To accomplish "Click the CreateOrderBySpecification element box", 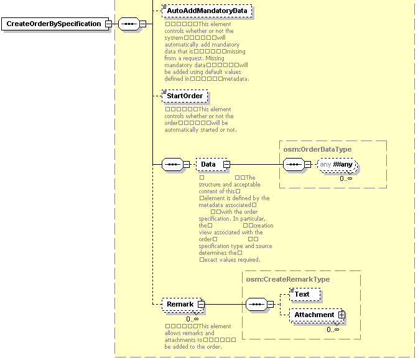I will (x=53, y=24).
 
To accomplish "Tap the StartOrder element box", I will (x=184, y=96).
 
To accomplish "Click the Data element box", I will (x=209, y=165).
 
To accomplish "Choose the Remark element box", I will (x=180, y=305).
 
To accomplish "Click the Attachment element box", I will (x=314, y=315).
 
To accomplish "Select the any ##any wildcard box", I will (x=338, y=165).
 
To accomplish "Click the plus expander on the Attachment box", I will (x=341, y=315).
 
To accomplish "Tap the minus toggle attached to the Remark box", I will (x=201, y=305).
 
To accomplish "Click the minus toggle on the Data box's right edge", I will (x=226, y=165).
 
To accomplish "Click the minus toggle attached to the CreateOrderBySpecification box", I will (x=108, y=24).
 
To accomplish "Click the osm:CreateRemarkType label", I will (x=288, y=279).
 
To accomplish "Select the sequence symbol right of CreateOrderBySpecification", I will (x=129, y=24).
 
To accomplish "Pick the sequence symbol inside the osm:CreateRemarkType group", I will (x=256, y=305).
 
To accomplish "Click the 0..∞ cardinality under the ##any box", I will (x=346, y=178).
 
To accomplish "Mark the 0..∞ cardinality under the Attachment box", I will (x=333, y=329).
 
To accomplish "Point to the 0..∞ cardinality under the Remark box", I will (x=192, y=318).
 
